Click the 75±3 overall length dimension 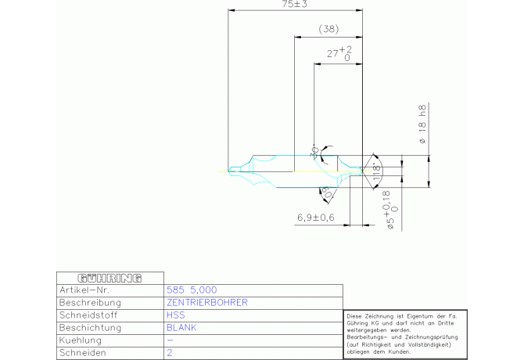coord(294,5)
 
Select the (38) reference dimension coord(328,29)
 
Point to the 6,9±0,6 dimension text coord(316,217)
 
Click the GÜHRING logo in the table coord(109,278)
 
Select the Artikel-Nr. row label coord(82,290)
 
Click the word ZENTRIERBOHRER coord(207,302)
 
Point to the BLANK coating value coord(181,327)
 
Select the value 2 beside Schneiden coord(170,353)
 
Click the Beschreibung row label coord(89,302)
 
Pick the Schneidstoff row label coord(88,315)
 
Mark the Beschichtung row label coord(89,327)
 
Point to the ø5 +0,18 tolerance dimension coord(393,214)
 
